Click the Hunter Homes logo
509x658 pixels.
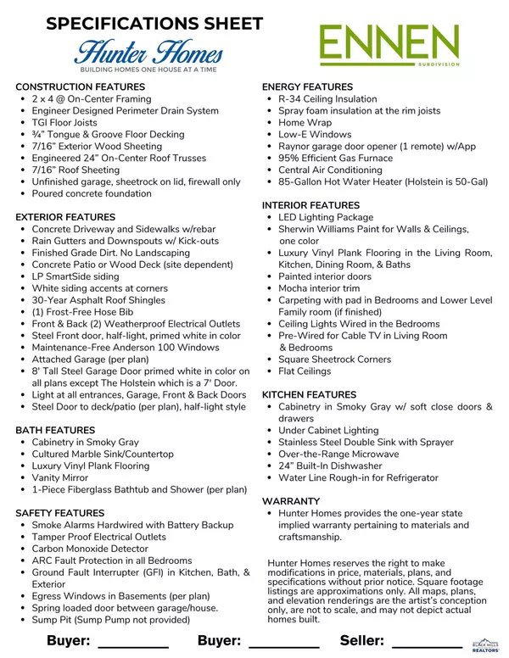149,54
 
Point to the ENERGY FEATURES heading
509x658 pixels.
307,87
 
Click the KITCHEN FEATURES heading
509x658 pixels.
309,395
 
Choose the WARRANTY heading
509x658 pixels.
291,501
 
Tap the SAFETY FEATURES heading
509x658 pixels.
60,513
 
